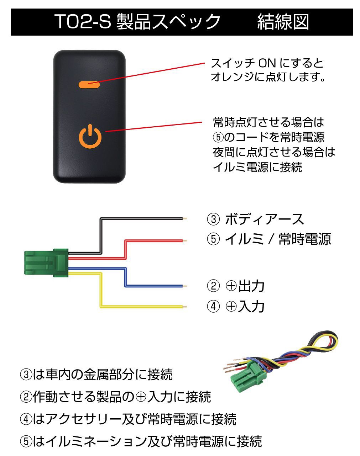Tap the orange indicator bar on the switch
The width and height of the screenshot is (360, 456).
89,85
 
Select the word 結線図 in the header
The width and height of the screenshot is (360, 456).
283,22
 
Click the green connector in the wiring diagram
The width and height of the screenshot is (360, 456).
46,263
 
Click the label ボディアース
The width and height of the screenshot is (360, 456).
265,219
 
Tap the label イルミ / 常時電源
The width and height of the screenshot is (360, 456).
278,239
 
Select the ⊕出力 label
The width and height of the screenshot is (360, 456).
245,286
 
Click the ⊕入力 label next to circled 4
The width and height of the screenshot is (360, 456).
245,306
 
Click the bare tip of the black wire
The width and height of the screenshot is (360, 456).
185,218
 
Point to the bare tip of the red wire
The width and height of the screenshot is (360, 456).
185,241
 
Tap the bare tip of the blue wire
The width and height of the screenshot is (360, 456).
185,286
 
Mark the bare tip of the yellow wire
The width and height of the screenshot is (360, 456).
185,307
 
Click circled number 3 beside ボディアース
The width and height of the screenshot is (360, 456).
213,219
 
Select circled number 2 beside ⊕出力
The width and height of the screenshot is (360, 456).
213,286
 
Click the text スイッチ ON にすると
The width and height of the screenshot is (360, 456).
267,63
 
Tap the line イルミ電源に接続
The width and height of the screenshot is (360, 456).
257,167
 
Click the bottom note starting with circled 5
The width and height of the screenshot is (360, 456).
141,441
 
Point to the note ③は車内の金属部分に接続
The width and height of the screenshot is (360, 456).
96,375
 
